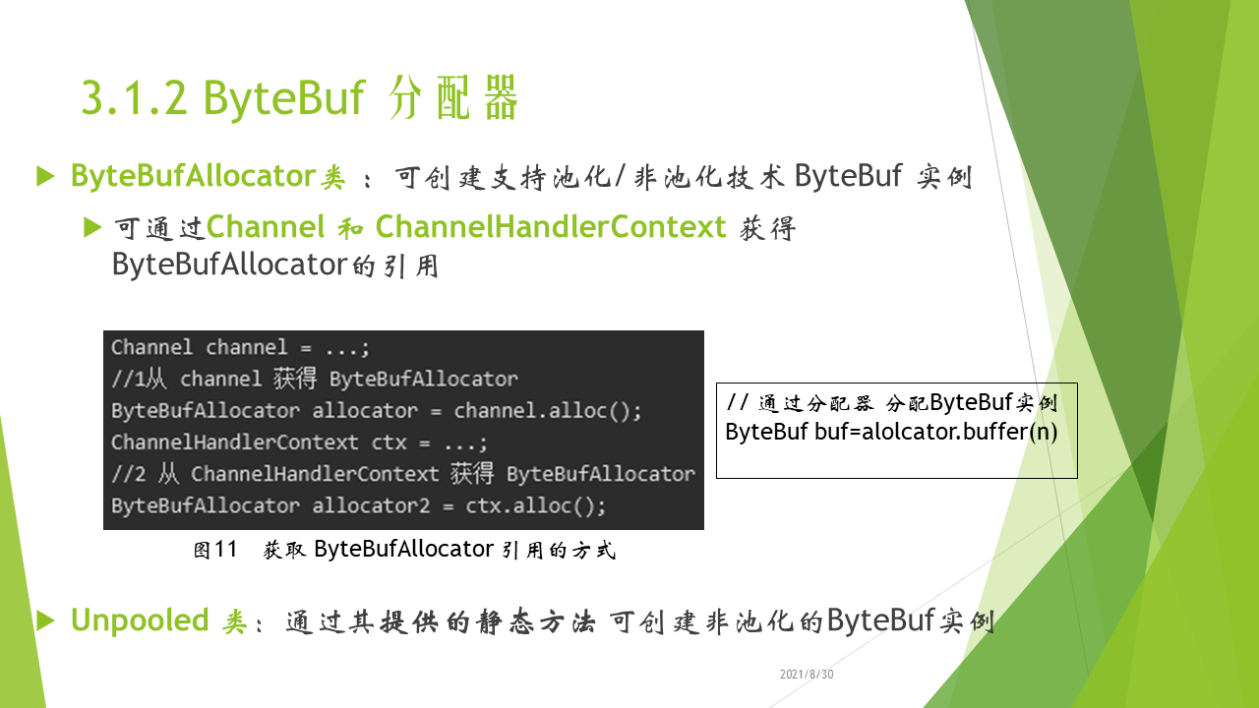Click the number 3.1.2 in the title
pos(134,97)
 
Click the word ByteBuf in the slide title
pos(284,97)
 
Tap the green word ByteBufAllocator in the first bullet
pos(193,175)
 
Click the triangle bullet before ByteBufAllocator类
pos(45,176)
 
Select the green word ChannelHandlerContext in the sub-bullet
pos(551,227)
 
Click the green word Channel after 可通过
pos(266,227)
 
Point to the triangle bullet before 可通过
pos(92,227)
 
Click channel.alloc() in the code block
pos(547,411)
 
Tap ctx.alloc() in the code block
pos(535,505)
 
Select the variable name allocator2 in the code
pos(371,505)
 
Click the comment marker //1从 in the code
pos(139,379)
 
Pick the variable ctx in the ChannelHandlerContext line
pos(389,442)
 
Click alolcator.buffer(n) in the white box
pos(959,432)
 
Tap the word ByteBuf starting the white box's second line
pos(766,432)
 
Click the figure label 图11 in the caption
pos(215,550)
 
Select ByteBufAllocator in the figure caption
pos(403,549)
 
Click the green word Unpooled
pos(140,620)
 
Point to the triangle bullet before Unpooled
pos(45,620)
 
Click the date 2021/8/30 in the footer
pos(807,675)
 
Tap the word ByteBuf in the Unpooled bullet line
pos(880,620)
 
